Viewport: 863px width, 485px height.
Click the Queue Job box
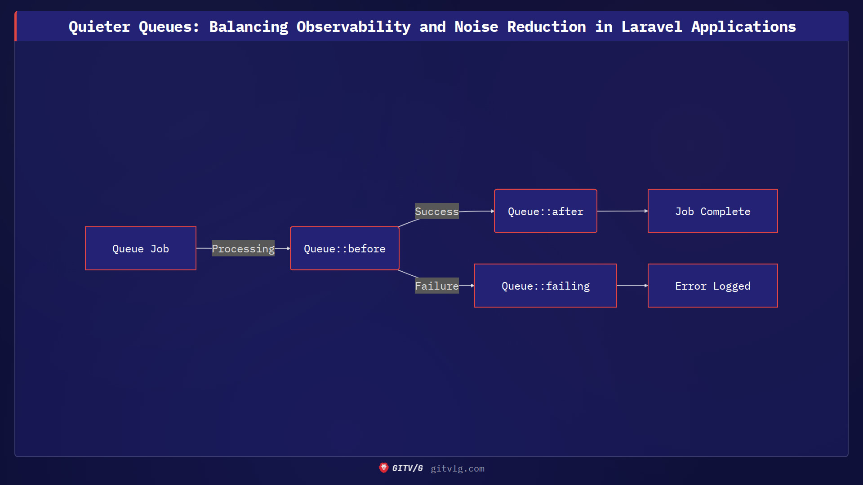pyautogui.click(x=141, y=248)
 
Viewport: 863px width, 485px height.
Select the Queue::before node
pyautogui.click(x=345, y=248)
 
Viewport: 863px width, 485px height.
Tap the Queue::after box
pyautogui.click(x=546, y=211)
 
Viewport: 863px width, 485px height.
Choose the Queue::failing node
pyautogui.click(x=546, y=286)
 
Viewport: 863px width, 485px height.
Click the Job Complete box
pyautogui.click(x=713, y=211)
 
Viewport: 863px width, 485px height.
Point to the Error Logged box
pyautogui.click(x=713, y=286)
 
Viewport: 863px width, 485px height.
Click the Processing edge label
pyautogui.click(x=243, y=248)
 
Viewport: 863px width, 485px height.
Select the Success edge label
pyautogui.click(x=437, y=211)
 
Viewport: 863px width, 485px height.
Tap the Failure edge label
pyautogui.click(x=437, y=286)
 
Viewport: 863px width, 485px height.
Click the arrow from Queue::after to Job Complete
pyautogui.click(x=623, y=211)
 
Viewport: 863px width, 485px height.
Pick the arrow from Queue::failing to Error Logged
pyautogui.click(x=632, y=286)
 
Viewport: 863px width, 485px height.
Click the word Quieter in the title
pyautogui.click(x=99, y=27)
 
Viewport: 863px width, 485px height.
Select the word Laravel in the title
pyautogui.click(x=652, y=27)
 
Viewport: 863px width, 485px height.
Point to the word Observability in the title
pyautogui.click(x=354, y=27)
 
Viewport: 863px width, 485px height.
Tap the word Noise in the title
pyautogui.click(x=476, y=27)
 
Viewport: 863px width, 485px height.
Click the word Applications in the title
pyautogui.click(x=744, y=27)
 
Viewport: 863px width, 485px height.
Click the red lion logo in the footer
pyautogui.click(x=383, y=468)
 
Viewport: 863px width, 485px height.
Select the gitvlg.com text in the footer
pyautogui.click(x=458, y=468)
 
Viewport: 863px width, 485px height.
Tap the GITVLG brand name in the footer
pyautogui.click(x=408, y=468)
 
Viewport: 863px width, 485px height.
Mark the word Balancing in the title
pyautogui.click(x=249, y=27)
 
